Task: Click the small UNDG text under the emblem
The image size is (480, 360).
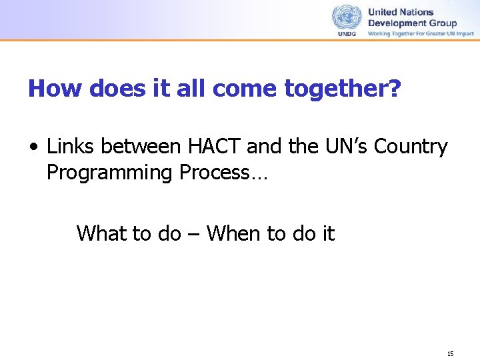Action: pyautogui.click(x=347, y=33)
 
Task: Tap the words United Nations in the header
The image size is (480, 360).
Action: pyautogui.click(x=401, y=12)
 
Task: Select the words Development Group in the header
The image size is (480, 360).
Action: pyautogui.click(x=412, y=23)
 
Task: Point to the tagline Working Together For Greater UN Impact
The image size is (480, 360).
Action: pyautogui.click(x=421, y=33)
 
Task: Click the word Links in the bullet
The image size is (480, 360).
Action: pyautogui.click(x=69, y=147)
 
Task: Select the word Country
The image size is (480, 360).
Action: pyautogui.click(x=411, y=147)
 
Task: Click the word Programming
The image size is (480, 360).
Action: pyautogui.click(x=109, y=173)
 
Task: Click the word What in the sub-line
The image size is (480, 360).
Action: pyautogui.click(x=100, y=233)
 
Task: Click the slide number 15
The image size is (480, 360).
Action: pyautogui.click(x=451, y=353)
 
